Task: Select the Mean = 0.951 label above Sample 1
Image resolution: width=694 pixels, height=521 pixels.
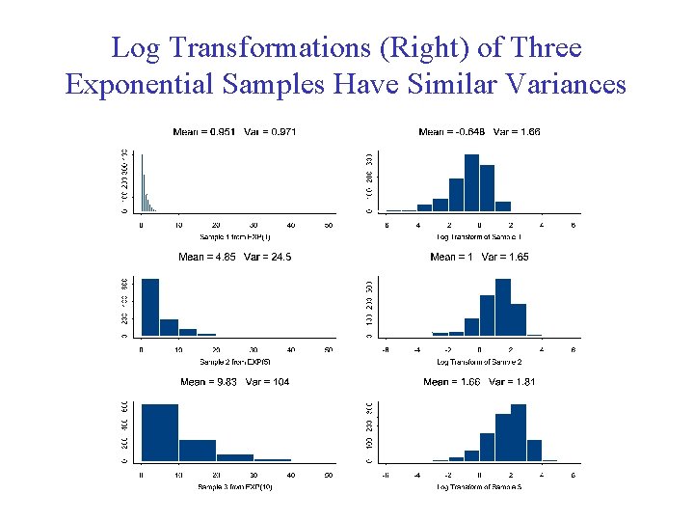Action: click(203, 131)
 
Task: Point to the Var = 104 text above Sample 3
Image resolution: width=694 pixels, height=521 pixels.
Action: click(270, 382)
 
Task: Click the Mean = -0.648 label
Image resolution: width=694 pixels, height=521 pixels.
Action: click(452, 131)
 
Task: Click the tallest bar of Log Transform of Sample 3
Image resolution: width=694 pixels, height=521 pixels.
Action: click(519, 432)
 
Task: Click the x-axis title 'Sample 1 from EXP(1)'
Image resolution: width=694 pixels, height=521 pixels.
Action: click(235, 236)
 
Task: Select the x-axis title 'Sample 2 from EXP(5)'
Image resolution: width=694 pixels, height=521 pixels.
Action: click(235, 362)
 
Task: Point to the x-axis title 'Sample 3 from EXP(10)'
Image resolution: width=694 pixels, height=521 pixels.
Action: click(235, 487)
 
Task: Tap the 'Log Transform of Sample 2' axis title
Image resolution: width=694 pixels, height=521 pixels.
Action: click(479, 362)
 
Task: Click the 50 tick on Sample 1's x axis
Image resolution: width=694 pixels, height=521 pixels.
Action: click(329, 225)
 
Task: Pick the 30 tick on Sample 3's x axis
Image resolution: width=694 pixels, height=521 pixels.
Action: click(254, 476)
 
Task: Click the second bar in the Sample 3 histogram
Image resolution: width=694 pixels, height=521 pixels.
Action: click(198, 451)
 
